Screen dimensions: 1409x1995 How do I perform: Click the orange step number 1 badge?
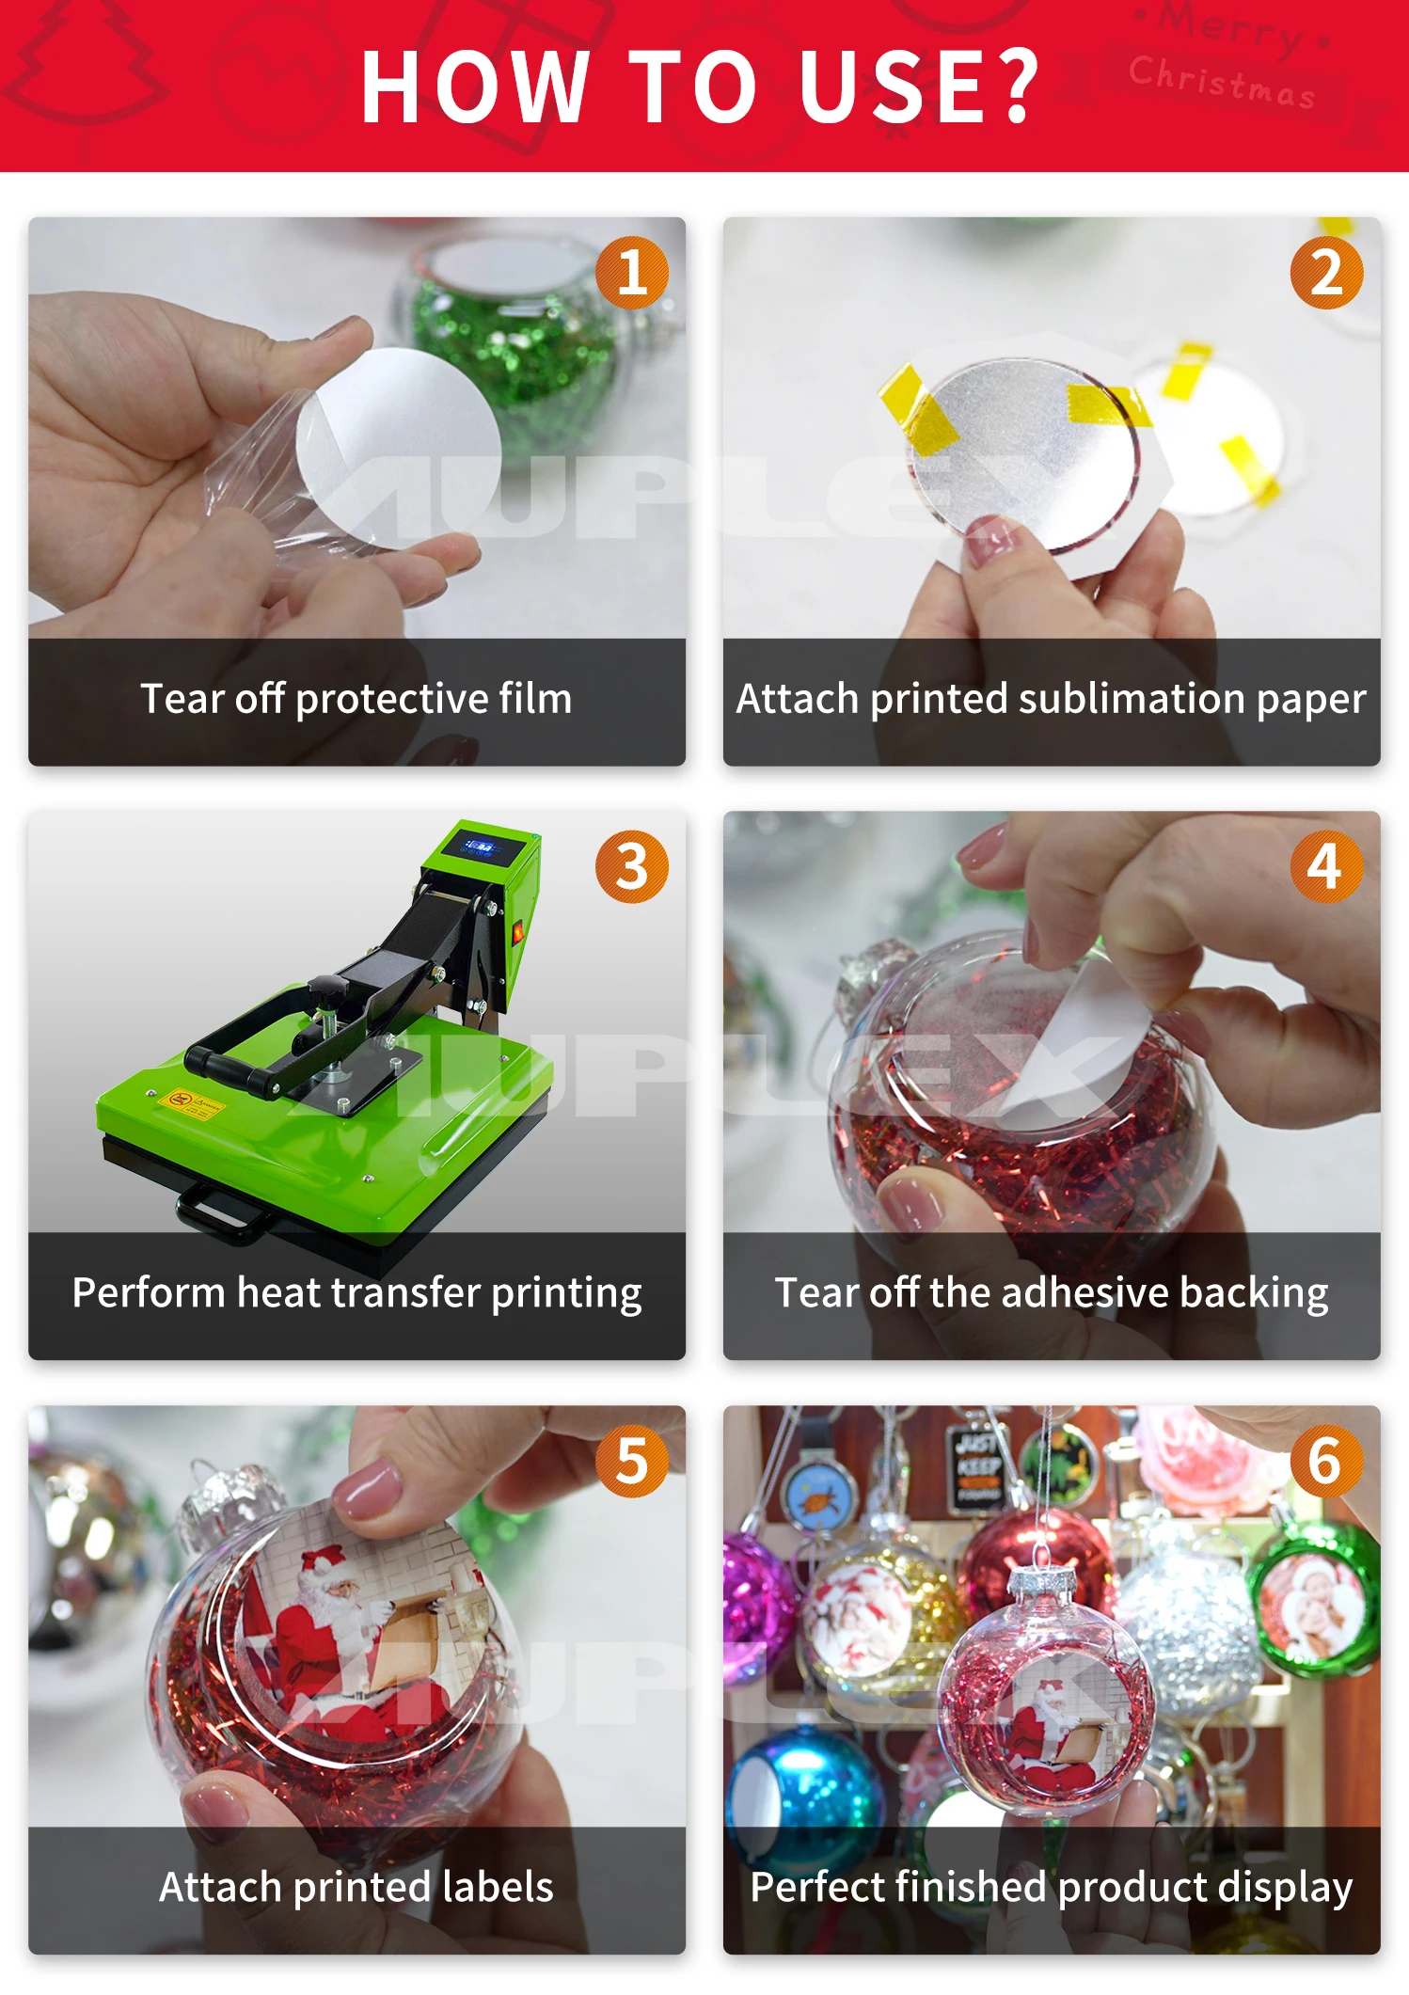[x=632, y=273]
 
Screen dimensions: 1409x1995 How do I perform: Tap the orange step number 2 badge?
[x=1326, y=273]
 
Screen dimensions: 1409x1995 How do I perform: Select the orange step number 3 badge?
[x=632, y=866]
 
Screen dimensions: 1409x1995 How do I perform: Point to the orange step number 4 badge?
[x=1326, y=866]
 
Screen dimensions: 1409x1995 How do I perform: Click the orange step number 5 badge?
[x=632, y=1461]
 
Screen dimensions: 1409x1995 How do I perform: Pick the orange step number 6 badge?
[x=1326, y=1461]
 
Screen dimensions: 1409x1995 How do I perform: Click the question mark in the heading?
[x=1016, y=86]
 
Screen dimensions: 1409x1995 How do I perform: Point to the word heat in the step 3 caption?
[x=278, y=1292]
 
